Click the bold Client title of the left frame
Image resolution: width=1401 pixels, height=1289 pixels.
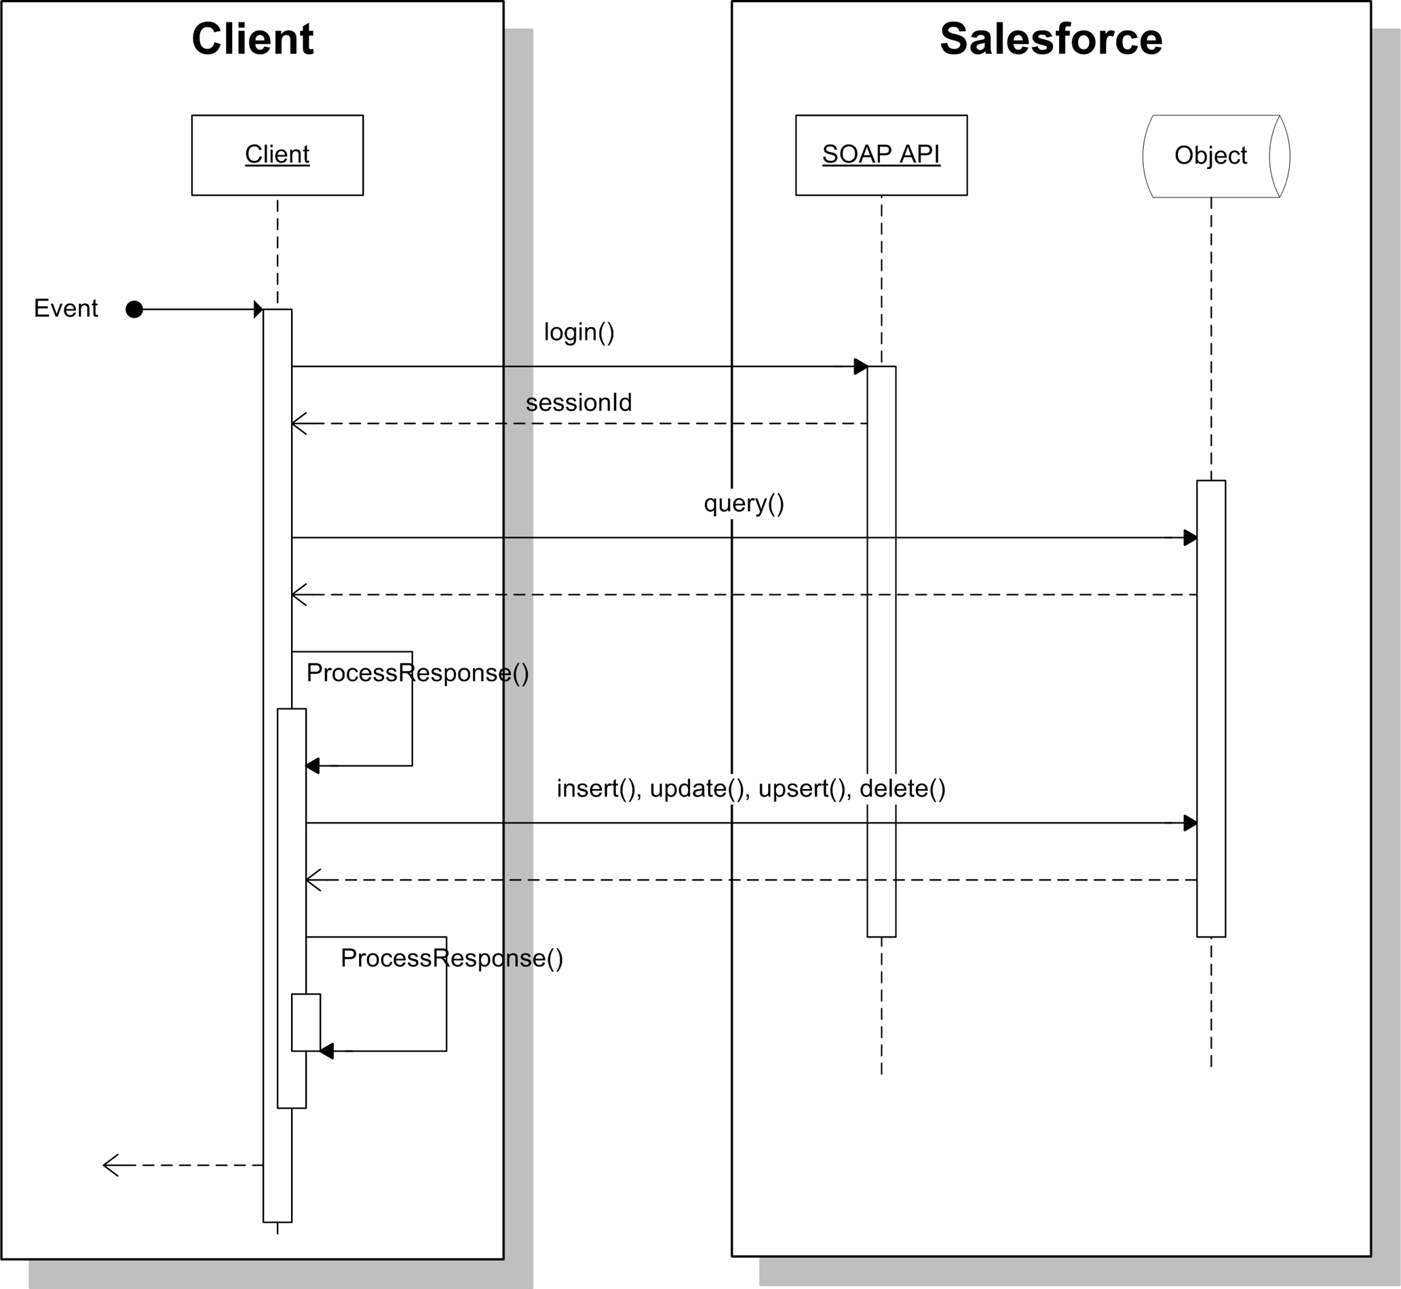coord(252,39)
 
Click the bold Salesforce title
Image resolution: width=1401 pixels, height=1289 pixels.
coord(1051,39)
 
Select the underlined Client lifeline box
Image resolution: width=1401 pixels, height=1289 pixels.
coord(277,155)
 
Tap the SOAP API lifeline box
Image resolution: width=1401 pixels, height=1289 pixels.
coord(881,155)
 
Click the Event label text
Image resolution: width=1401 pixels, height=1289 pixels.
coord(66,308)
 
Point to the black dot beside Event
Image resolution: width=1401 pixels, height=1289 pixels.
coord(134,309)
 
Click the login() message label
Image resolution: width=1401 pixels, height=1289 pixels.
coord(579,332)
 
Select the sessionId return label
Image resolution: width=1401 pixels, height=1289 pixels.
coord(579,402)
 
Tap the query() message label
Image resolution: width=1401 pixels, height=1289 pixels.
coord(744,503)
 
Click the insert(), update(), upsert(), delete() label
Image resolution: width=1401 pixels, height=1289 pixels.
coord(751,788)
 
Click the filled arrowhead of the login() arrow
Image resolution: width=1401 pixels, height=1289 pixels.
coord(860,366)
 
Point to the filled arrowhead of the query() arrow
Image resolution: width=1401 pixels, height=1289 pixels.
coord(1191,538)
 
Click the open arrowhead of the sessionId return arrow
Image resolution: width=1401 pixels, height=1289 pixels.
coord(299,423)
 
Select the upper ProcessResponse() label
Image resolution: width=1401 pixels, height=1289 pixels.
coord(417,673)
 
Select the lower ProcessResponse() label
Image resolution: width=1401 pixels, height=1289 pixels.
coord(451,959)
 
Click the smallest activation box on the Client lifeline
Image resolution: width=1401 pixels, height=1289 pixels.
coord(305,1022)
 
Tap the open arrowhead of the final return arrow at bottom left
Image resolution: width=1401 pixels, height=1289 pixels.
coord(110,1165)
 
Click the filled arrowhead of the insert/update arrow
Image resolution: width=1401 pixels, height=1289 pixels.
coord(1191,823)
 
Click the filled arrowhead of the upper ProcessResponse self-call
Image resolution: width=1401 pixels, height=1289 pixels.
coord(312,766)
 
